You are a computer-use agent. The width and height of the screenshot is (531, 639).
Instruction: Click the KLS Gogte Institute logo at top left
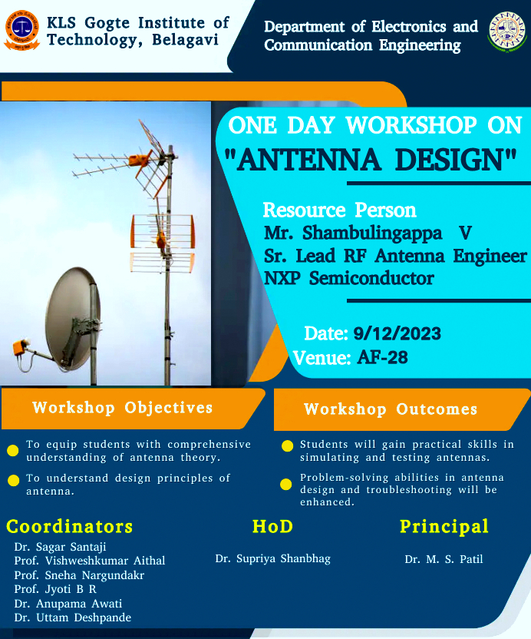coord(22,31)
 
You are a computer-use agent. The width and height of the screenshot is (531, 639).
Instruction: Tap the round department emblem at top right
coord(507,31)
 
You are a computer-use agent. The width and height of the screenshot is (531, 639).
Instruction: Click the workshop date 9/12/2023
coord(397,334)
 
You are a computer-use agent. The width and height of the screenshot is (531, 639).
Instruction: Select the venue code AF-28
coord(382,358)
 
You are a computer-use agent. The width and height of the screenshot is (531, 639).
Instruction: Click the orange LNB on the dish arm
coord(19,348)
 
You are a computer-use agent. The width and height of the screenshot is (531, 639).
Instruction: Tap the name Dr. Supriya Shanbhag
coord(273,558)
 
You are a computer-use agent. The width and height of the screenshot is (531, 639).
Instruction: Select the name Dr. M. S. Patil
coord(444,559)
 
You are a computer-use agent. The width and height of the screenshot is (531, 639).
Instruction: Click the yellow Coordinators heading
coord(70,527)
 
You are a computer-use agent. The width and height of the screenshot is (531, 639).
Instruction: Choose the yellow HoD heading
coord(273,526)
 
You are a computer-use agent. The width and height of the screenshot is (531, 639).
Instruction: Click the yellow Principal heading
coord(444,527)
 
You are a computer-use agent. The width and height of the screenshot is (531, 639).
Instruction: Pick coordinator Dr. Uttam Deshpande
coord(72,617)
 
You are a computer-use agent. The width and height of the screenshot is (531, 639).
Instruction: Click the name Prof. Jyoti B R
coord(55,589)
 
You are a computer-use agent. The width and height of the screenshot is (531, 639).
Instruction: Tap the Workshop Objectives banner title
coord(123,408)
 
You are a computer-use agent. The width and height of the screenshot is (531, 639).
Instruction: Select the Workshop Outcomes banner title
coord(391,409)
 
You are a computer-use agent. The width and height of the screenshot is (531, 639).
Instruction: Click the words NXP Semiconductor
coord(349,278)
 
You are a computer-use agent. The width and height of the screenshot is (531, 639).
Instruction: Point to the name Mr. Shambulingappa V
coord(368,233)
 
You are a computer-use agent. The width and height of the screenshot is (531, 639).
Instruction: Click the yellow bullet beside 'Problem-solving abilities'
coord(286,484)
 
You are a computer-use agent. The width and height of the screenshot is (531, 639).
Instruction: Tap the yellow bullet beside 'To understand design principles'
coord(14,481)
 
